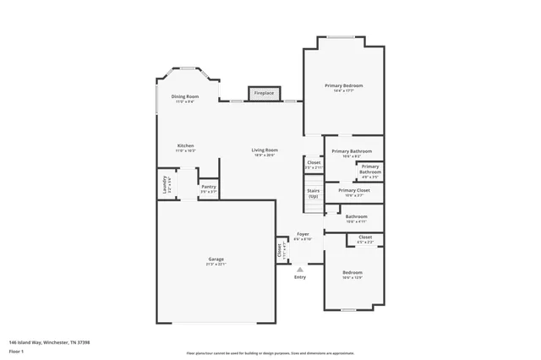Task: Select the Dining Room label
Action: pos(185,97)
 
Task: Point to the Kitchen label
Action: pos(185,145)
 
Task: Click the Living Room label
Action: pos(265,150)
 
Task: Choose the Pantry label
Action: pos(208,187)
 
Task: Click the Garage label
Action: pos(216,259)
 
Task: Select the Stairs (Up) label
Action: pos(313,193)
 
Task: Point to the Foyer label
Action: pos(302,234)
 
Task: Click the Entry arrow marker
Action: pos(299,269)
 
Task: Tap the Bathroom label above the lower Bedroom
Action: pos(356,216)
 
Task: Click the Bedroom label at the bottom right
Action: pos(352,273)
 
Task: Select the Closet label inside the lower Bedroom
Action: pos(365,237)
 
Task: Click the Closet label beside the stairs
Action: pos(314,162)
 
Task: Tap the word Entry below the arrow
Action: pos(300,277)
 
